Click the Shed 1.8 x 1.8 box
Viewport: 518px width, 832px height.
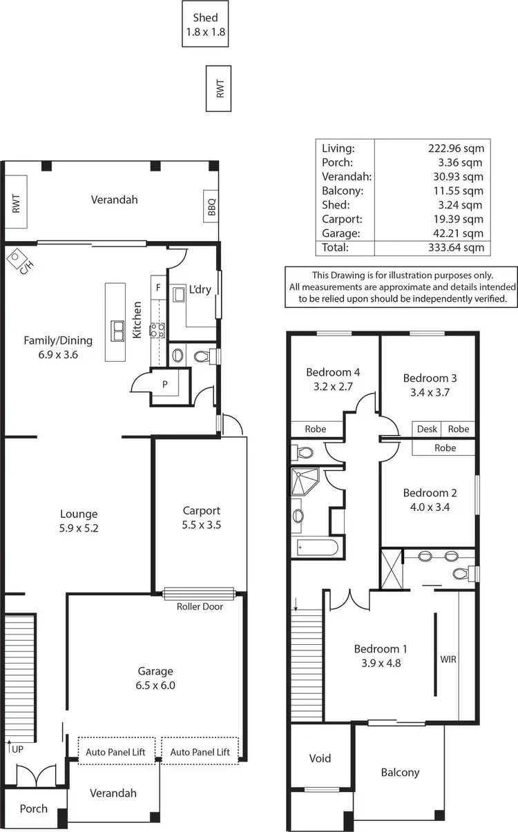click(206, 24)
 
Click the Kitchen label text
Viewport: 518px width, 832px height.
click(137, 320)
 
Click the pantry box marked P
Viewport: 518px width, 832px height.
click(164, 384)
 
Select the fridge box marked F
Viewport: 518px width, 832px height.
click(158, 287)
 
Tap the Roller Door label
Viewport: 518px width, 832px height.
click(200, 606)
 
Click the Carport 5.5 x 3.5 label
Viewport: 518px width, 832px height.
click(201, 517)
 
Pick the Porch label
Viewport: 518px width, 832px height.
click(33, 809)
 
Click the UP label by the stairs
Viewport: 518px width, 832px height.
click(16, 748)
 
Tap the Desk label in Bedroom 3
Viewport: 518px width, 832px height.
click(427, 429)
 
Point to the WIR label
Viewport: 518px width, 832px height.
click(448, 659)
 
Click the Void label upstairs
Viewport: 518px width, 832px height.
click(320, 758)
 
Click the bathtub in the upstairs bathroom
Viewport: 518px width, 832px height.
click(316, 548)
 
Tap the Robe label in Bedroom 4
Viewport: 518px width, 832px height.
click(316, 429)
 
